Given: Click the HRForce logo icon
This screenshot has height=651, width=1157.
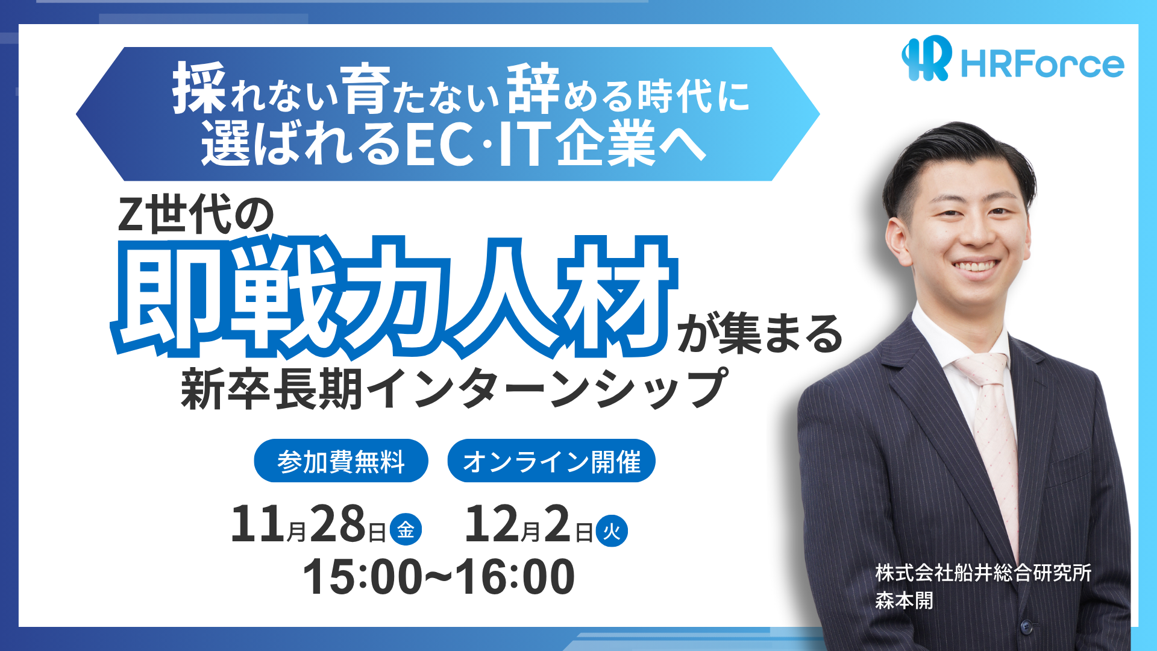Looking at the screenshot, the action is (x=927, y=58).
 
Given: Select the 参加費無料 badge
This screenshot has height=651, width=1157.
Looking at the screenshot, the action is (x=341, y=461).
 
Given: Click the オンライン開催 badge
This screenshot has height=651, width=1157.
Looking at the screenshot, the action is (x=551, y=461).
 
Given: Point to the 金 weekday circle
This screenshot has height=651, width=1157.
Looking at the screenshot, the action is (x=406, y=530).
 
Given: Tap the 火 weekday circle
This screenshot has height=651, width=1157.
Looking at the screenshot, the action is (x=612, y=531).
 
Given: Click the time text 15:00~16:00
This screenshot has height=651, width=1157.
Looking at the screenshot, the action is (x=439, y=576).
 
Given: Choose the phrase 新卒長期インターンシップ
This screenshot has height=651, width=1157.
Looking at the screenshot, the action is (x=454, y=389).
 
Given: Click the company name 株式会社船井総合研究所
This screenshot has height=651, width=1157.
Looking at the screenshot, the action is (x=983, y=573).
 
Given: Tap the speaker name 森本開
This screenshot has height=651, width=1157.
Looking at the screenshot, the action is (x=904, y=600).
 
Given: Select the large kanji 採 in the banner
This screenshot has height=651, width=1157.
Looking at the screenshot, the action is (x=199, y=89).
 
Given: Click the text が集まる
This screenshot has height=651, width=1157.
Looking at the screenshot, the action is (x=760, y=333).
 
